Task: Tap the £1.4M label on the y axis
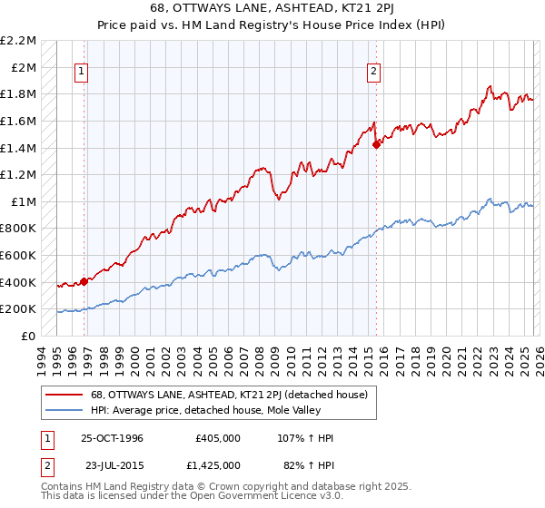(19, 148)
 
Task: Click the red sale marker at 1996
(84, 281)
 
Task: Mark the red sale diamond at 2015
(376, 143)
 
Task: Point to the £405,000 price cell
(217, 438)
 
